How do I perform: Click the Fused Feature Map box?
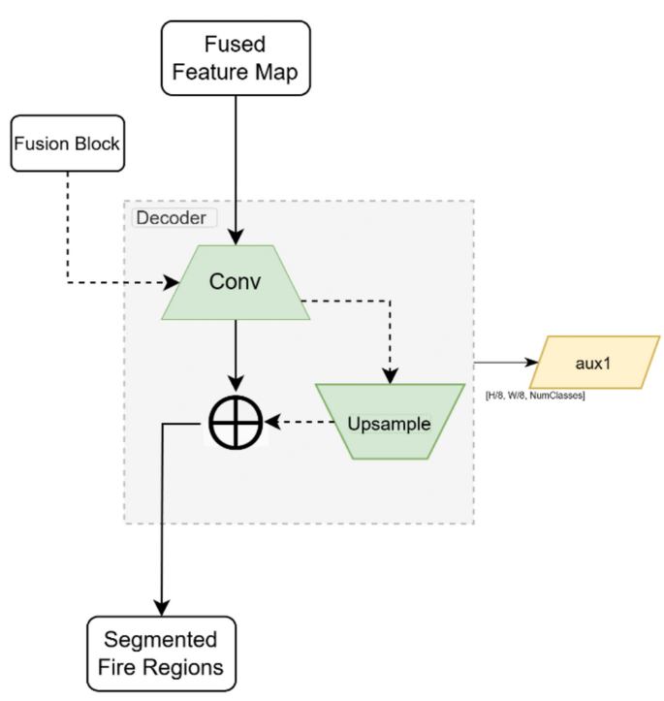click(x=236, y=58)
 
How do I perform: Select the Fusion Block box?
click(x=66, y=143)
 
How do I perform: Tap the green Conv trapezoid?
click(x=236, y=282)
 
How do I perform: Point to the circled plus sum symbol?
click(x=236, y=424)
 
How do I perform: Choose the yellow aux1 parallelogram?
click(x=595, y=362)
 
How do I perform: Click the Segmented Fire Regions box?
click(x=162, y=653)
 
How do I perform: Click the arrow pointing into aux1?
click(x=504, y=362)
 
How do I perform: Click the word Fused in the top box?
click(x=236, y=45)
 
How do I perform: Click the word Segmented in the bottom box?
click(x=162, y=640)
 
